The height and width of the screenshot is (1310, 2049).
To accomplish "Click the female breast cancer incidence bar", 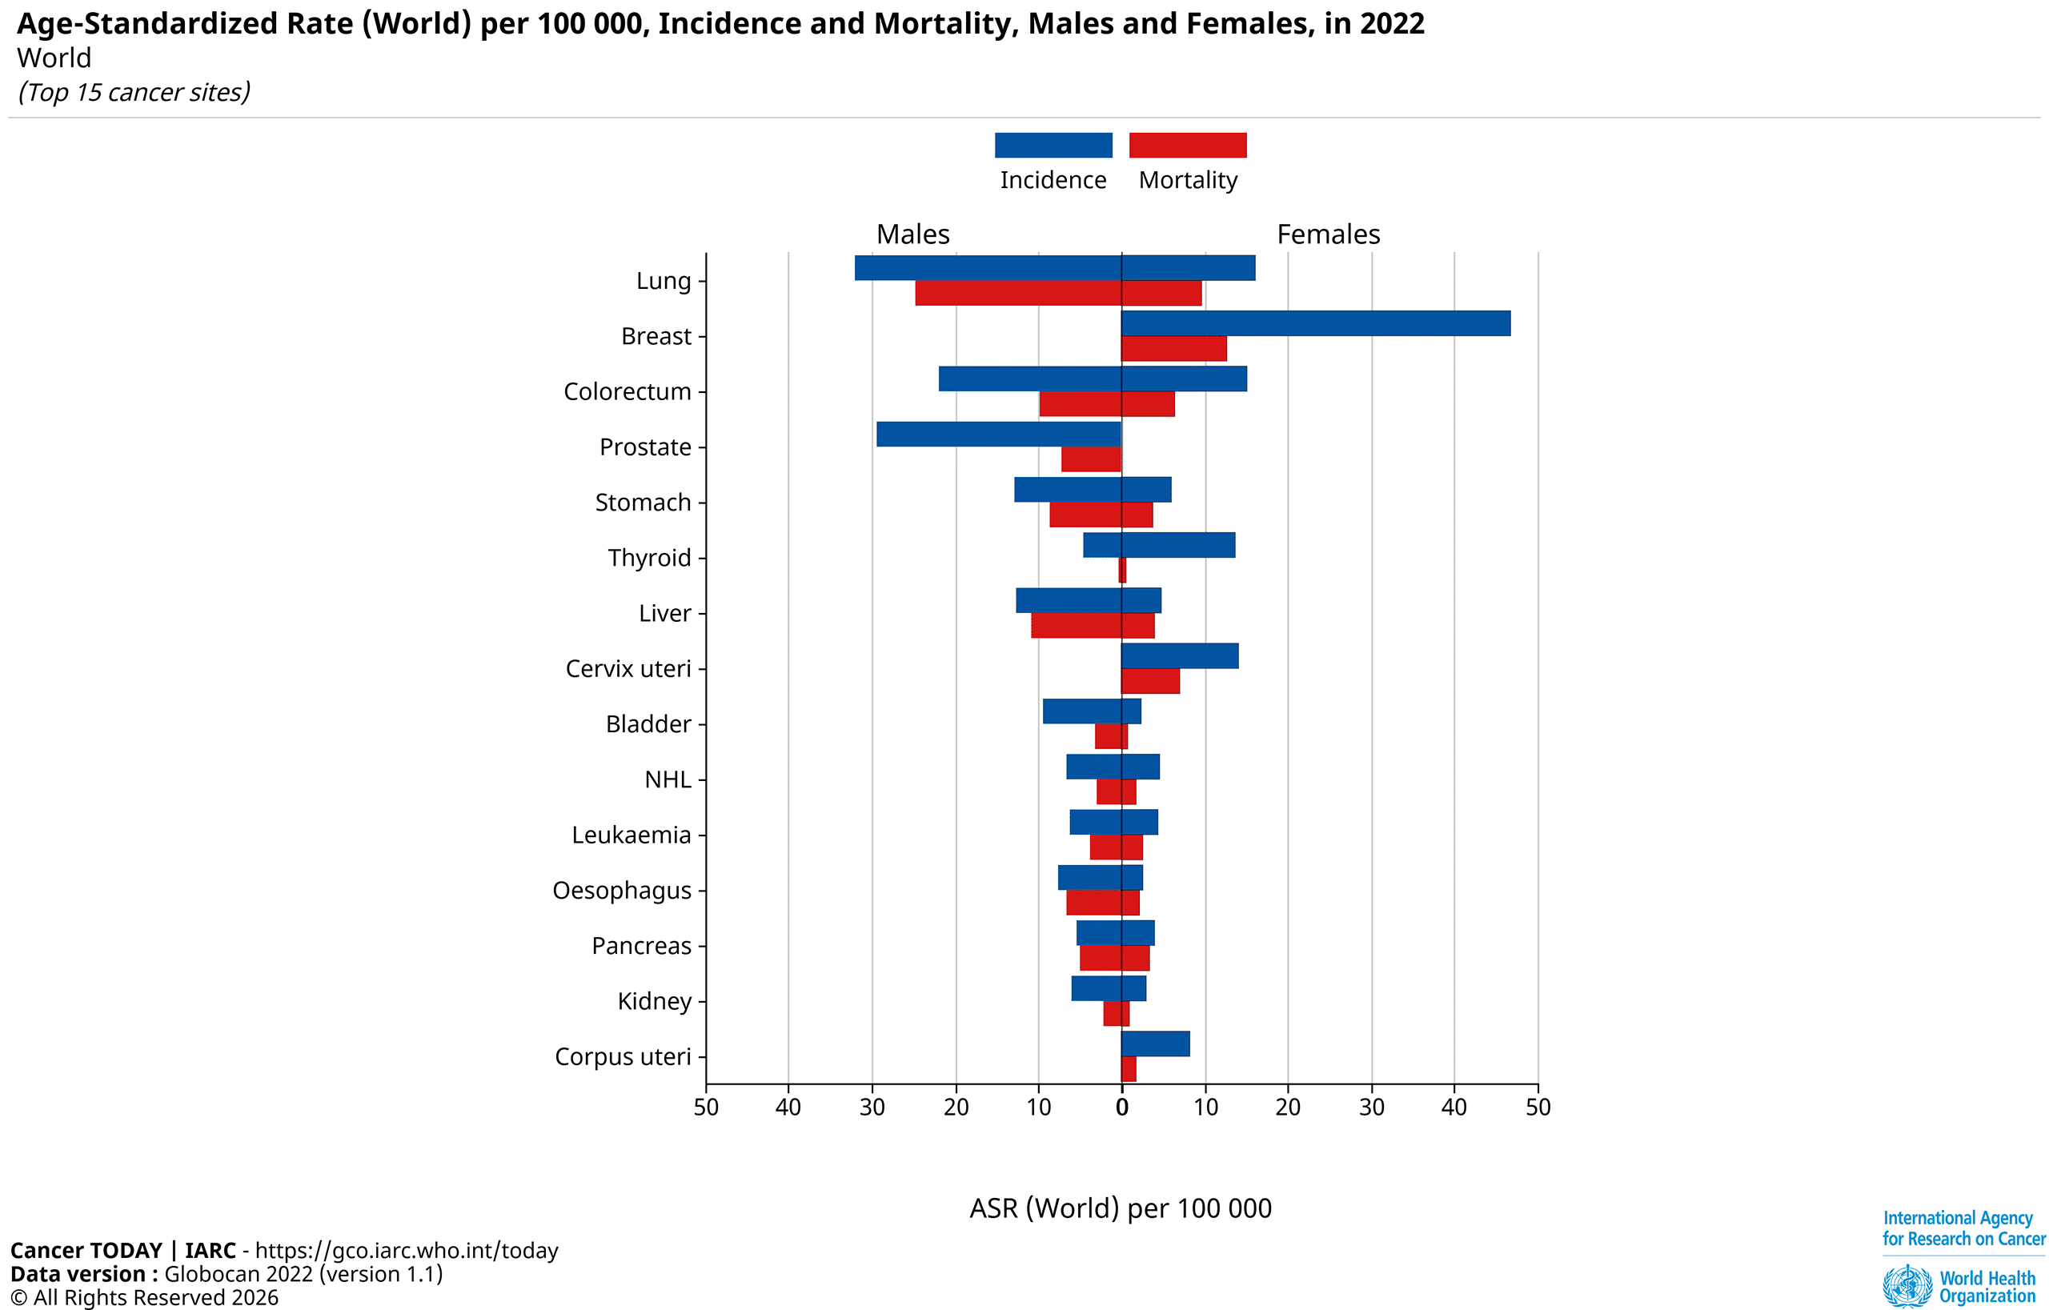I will (x=1316, y=323).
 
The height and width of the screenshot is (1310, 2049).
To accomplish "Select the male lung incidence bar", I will (x=988, y=268).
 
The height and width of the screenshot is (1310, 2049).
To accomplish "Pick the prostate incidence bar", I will (x=998, y=434).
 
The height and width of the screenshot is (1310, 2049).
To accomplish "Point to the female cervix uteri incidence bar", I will (x=1179, y=656).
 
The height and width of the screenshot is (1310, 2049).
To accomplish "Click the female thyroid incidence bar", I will (x=1177, y=545).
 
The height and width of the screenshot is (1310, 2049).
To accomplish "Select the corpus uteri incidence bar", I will (x=1156, y=1044).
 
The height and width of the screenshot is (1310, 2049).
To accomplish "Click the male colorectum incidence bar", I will (x=1029, y=379).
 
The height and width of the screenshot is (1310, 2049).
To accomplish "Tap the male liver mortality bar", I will (x=1076, y=625).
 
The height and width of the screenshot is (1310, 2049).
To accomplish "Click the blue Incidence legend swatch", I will (x=1053, y=146).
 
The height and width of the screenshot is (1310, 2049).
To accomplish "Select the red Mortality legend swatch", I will (x=1187, y=146).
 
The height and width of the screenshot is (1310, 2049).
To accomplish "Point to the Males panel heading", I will (x=912, y=234).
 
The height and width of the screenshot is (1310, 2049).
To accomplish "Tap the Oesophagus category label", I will (x=621, y=891).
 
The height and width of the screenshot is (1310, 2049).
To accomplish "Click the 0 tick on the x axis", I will (x=1121, y=1108).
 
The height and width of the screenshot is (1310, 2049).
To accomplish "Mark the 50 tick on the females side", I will (x=1538, y=1108).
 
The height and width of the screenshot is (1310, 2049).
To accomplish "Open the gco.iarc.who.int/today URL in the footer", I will (x=406, y=1251).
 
